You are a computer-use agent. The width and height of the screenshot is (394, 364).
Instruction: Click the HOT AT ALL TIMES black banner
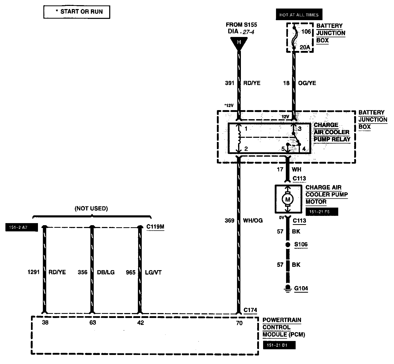[299, 15]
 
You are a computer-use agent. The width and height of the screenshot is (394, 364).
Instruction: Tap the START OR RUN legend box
[77, 12]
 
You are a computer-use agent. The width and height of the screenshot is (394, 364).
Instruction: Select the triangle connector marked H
[239, 42]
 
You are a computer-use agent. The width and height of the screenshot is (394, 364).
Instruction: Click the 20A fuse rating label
[305, 47]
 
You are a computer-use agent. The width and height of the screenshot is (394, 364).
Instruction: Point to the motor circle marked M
[287, 199]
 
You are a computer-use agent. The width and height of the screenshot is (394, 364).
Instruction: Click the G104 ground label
[301, 288]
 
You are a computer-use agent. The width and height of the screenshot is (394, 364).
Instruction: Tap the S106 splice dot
[287, 245]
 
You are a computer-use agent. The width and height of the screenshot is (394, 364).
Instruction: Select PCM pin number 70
[239, 323]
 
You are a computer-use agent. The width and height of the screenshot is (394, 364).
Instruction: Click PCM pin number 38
[45, 323]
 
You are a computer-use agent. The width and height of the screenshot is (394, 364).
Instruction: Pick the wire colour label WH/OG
[253, 221]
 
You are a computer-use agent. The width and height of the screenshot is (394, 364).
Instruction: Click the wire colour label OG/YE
[307, 83]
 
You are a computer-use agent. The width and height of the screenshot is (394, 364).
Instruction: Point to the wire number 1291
[34, 272]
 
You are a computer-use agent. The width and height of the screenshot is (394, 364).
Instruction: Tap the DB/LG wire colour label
[106, 272]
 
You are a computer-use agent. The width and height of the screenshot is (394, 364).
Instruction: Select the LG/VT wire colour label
[154, 272]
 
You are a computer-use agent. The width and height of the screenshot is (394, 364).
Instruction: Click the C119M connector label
[155, 227]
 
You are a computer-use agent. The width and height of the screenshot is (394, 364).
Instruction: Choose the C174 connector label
[250, 310]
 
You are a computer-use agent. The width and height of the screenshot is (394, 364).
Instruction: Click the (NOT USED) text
[91, 209]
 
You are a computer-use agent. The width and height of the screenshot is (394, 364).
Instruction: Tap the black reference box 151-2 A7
[21, 227]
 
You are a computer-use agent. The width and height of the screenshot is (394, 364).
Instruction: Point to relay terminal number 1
[246, 129]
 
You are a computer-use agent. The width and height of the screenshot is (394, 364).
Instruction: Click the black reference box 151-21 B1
[279, 345]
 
